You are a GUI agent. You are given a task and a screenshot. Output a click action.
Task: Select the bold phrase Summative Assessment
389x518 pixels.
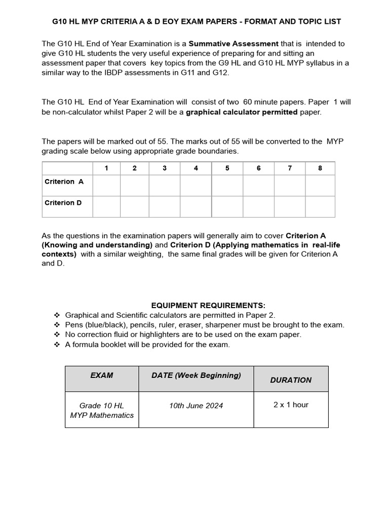tap(234, 44)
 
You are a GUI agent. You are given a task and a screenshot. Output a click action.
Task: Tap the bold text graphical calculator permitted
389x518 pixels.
tap(242, 112)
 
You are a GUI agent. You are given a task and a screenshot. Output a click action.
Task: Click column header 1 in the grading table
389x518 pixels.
tap(106, 168)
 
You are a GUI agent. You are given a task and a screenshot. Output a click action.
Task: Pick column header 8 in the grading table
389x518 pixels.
tap(320, 168)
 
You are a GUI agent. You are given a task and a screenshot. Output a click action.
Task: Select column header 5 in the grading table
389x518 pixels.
tap(227, 168)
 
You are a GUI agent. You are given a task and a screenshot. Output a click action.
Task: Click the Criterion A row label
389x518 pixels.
tap(64, 182)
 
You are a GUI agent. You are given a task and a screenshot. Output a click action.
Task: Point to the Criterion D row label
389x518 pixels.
tap(63, 203)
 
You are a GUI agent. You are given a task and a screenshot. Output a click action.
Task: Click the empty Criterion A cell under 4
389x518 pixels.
tap(196, 185)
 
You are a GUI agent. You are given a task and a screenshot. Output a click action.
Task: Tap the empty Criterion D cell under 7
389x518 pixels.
tap(290, 206)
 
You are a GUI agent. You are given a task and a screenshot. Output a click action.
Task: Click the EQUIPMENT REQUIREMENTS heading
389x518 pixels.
tap(208, 306)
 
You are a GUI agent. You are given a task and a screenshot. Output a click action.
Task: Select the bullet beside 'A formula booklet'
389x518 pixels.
tap(57, 344)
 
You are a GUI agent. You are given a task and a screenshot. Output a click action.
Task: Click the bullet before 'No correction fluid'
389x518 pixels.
tap(57, 335)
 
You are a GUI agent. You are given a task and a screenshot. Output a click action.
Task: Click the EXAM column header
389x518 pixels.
tap(102, 375)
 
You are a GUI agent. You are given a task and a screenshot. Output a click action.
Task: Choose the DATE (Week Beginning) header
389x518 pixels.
tap(196, 375)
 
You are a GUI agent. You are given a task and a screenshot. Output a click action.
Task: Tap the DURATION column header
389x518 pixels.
tap(291, 380)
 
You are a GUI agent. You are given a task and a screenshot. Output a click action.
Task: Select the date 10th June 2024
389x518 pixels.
tap(196, 406)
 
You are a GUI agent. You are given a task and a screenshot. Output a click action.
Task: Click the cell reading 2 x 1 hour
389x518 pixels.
tap(291, 405)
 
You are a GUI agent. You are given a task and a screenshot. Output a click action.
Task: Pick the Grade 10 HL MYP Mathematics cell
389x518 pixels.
tap(102, 410)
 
